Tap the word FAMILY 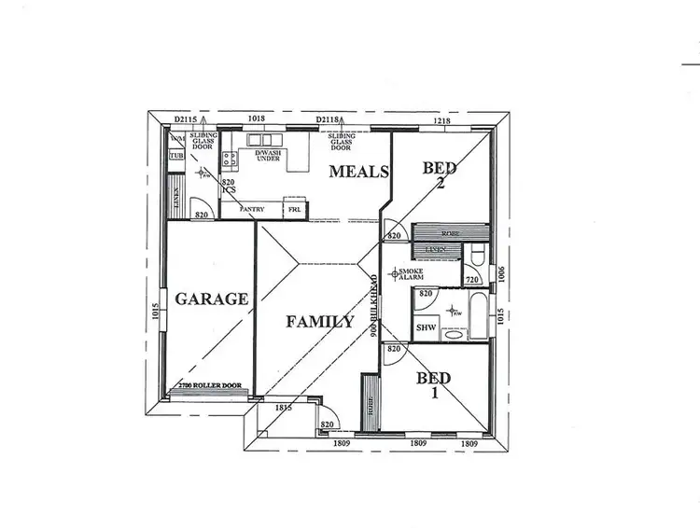[x=319, y=323]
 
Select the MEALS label [x=357, y=171]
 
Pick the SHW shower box [x=426, y=328]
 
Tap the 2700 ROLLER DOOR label [x=207, y=385]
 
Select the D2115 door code [x=188, y=119]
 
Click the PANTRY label [x=253, y=209]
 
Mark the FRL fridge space [x=295, y=209]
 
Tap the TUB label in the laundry [x=176, y=155]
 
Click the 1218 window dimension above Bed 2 [x=443, y=119]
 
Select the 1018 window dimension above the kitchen [x=258, y=119]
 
